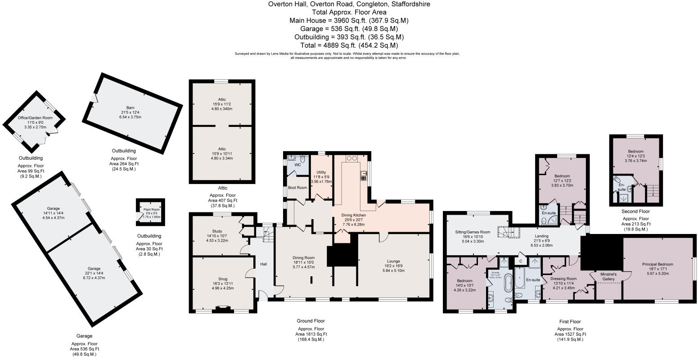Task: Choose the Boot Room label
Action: tap(297, 187)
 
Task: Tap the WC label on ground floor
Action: tap(297, 165)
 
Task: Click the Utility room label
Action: tap(321, 172)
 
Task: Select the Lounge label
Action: tap(394, 261)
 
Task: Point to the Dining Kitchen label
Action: tap(354, 216)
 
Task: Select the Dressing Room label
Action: tap(563, 279)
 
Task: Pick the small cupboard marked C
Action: tap(521, 261)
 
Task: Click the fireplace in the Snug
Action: tap(223, 309)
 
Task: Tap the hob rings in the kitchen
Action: tap(351, 158)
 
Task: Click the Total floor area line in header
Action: tap(349, 45)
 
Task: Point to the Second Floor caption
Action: tap(635, 211)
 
